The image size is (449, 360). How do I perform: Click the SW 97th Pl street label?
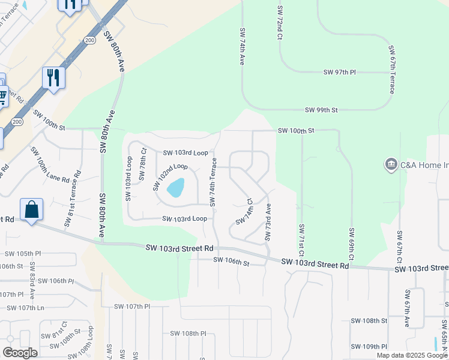coord(340,72)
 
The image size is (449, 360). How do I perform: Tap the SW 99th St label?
coord(321,110)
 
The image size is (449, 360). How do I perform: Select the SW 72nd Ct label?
coord(280,23)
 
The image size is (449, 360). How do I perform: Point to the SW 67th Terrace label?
coord(391,69)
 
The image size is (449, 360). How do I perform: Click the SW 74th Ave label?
coord(243,46)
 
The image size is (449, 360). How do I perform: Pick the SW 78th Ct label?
coord(143,164)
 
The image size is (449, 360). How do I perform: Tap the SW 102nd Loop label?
coord(170,176)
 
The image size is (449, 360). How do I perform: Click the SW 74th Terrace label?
coord(212,181)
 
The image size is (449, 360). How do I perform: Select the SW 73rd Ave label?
coord(268,223)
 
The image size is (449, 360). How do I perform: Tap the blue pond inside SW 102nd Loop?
coord(175,188)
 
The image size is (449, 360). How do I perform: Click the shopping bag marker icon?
coord(31,210)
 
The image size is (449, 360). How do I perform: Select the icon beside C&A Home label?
coord(391,164)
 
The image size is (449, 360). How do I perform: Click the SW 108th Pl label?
coord(188,333)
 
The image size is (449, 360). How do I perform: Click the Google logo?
coord(20,353)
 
